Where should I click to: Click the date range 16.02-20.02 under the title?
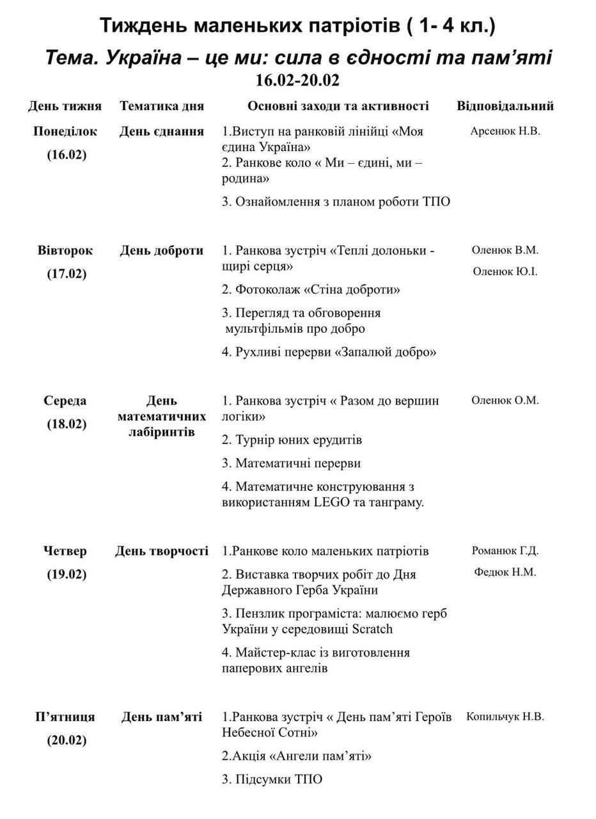coord(297,81)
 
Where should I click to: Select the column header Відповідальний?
coord(505,106)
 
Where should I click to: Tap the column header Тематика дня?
coord(162,106)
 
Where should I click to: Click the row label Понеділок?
coord(65,131)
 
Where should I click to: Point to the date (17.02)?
coord(67,274)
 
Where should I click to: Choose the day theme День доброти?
coord(162,250)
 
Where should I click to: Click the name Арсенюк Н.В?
coord(505,131)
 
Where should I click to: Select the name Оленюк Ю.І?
coord(505,271)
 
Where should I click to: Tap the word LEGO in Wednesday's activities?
coord(332,502)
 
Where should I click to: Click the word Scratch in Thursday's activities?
coord(372,629)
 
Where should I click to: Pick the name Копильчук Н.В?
coord(505,717)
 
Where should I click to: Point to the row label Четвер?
coord(65,551)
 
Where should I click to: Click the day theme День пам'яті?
coord(162,717)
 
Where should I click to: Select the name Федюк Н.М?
coord(505,572)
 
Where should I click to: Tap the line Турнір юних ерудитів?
coord(292,440)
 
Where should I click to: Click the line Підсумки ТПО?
coord(272,779)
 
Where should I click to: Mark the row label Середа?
coord(65,401)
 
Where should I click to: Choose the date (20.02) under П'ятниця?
coord(67,740)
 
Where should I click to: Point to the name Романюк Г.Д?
coord(505,551)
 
